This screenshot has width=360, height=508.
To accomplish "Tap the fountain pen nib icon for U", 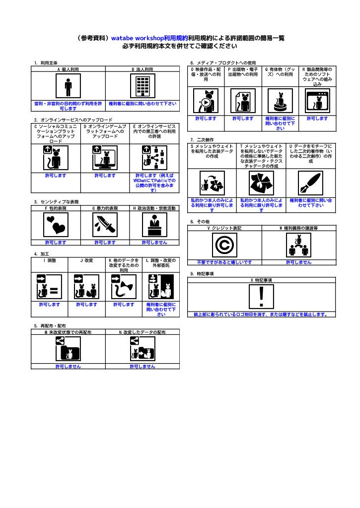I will point(311,184).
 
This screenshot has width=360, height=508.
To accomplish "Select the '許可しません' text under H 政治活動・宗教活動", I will point(154,243).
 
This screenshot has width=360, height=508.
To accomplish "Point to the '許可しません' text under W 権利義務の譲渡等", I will point(298,262).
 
